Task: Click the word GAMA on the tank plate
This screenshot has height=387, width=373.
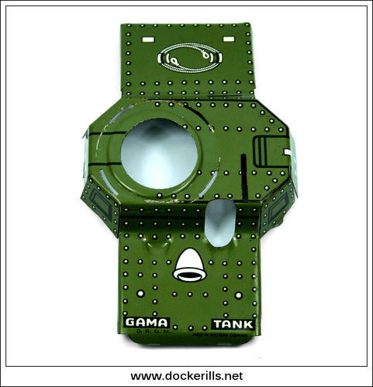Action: pos(146,322)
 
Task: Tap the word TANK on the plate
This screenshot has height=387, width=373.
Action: pos(230,323)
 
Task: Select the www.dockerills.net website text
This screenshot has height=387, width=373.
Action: pos(186,375)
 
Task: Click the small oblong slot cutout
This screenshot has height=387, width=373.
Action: pos(220,222)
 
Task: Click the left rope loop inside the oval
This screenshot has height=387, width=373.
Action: pos(175,57)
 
